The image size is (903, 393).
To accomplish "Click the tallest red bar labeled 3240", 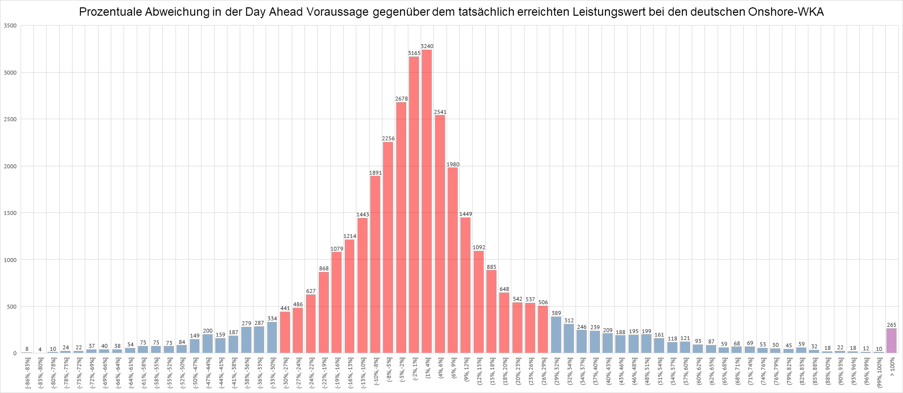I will (426, 201).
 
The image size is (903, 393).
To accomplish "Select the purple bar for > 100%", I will (891, 341).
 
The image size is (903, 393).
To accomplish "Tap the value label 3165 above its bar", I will (414, 53).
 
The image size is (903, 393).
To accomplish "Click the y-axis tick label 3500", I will (11, 26).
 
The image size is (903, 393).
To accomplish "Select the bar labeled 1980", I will (452, 260).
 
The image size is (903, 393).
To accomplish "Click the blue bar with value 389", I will (556, 335).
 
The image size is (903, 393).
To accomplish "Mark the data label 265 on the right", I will (891, 325).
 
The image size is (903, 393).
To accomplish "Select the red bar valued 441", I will (285, 332).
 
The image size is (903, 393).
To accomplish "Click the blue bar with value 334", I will (272, 338).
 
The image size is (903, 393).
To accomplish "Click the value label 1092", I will (478, 247).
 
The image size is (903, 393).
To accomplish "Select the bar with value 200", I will (208, 343).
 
